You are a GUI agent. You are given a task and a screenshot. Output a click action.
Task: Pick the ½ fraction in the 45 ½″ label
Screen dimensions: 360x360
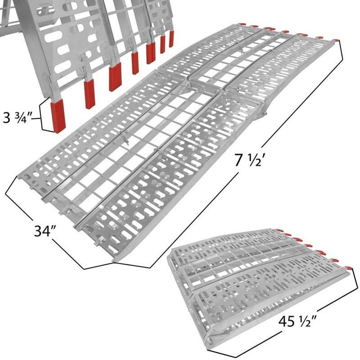306,323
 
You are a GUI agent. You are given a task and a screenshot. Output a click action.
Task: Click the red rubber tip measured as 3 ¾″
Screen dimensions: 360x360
58,117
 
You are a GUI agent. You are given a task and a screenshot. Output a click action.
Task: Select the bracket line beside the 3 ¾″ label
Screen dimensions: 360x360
45,117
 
